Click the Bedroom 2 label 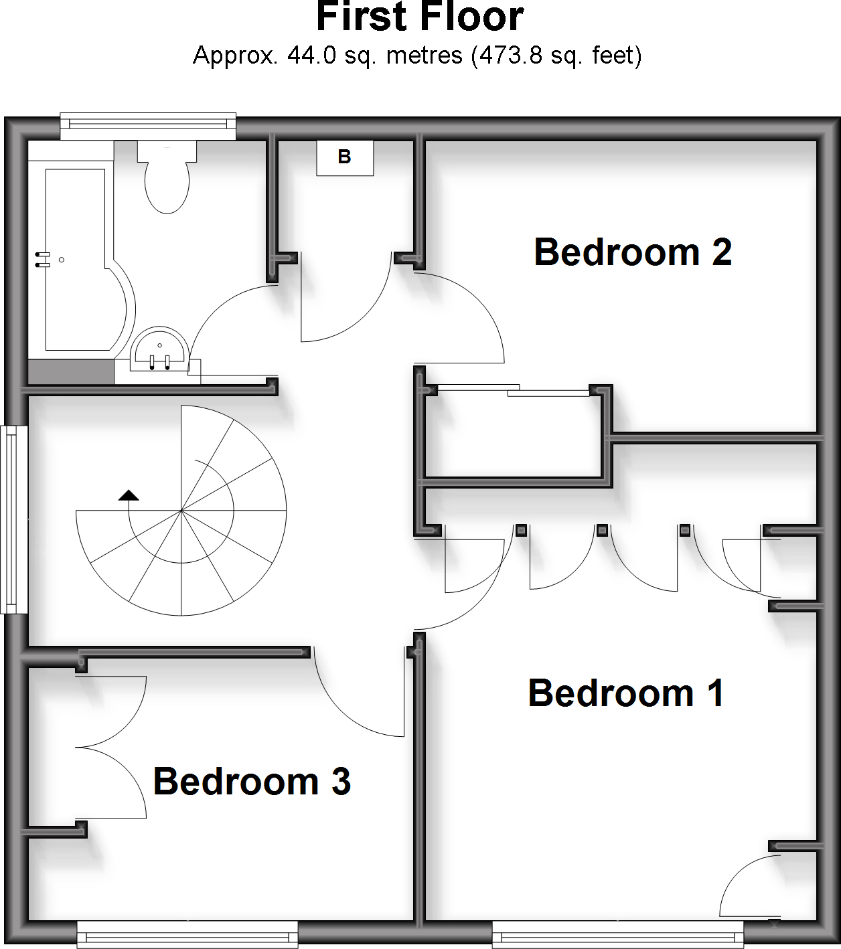632,252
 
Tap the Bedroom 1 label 626,693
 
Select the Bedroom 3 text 252,781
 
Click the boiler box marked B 344,158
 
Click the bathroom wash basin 159,349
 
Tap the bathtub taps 44,260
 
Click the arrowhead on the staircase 128,495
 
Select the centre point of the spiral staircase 181,511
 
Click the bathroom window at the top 148,124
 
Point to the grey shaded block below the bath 71,372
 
